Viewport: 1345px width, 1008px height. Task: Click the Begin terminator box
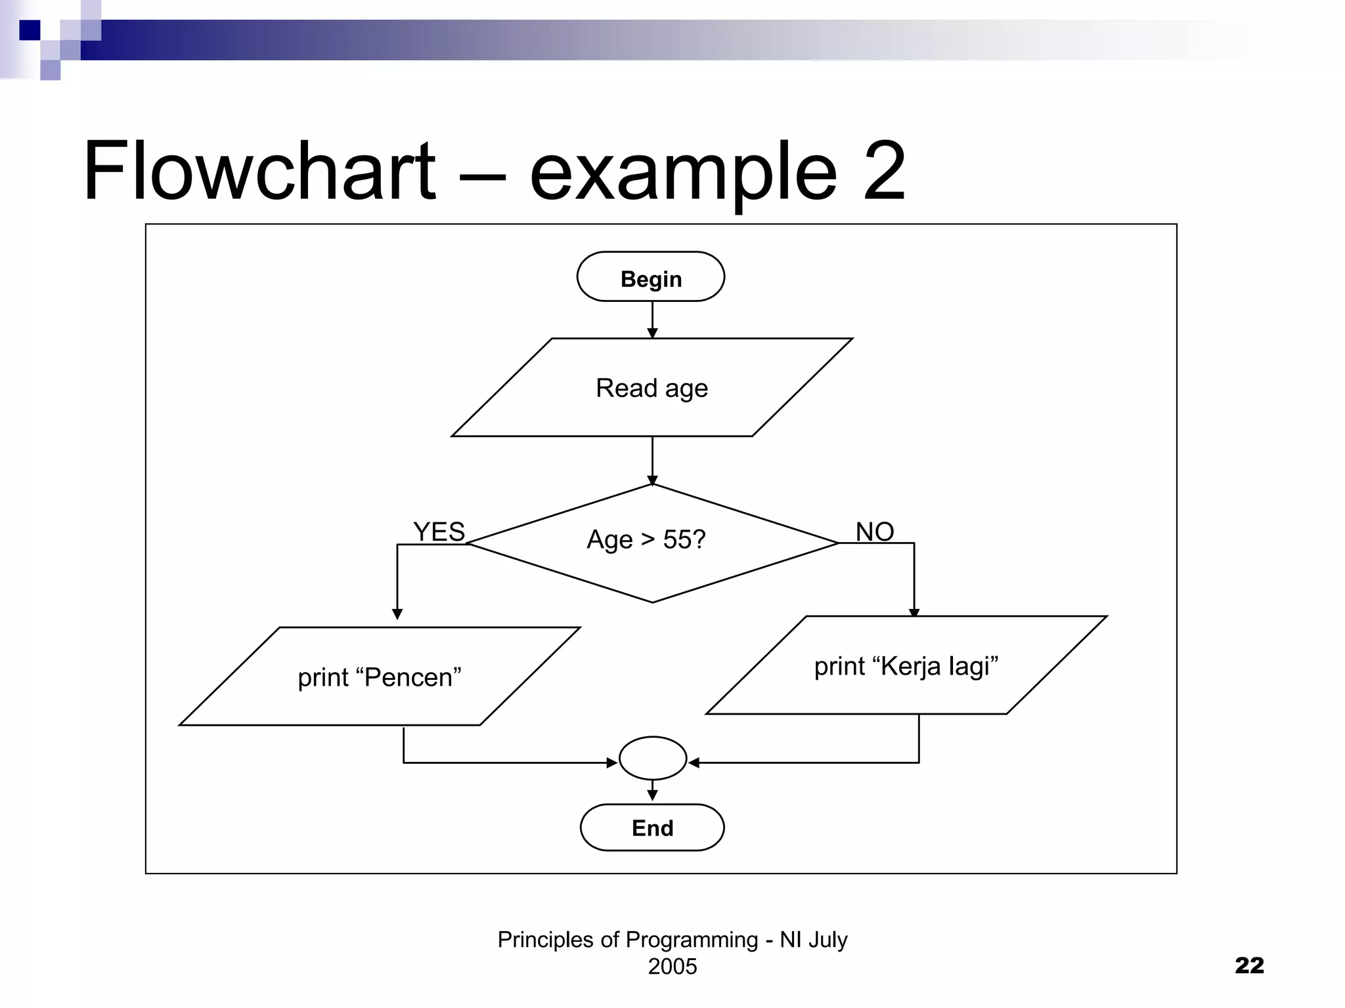click(x=650, y=277)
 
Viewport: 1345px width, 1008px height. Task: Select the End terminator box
click(x=652, y=828)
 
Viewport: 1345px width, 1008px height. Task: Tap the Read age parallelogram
click(x=651, y=388)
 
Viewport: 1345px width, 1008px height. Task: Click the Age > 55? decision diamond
click(x=652, y=543)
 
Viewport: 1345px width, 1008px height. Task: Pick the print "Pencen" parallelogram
click(x=380, y=677)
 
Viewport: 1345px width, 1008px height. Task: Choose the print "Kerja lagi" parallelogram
click(x=906, y=665)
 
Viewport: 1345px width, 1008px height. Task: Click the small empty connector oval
click(x=653, y=759)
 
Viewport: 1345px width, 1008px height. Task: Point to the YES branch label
click(x=439, y=532)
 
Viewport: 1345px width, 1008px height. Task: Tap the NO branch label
click(x=875, y=532)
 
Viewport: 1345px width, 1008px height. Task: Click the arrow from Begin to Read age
click(x=652, y=320)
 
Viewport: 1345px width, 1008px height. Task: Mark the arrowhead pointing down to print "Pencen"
click(x=397, y=614)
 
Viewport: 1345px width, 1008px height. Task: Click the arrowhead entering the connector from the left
click(x=611, y=763)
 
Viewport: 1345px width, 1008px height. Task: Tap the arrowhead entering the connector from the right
click(x=694, y=763)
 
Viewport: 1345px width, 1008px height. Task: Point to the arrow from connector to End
click(x=652, y=791)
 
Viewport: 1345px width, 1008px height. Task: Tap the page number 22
click(x=1249, y=965)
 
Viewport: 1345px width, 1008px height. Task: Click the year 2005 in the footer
click(x=672, y=967)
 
